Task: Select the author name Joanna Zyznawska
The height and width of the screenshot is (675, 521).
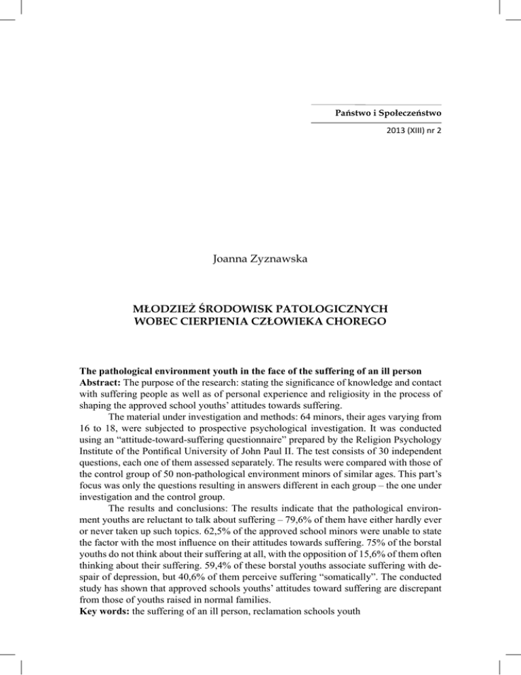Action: click(260, 257)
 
